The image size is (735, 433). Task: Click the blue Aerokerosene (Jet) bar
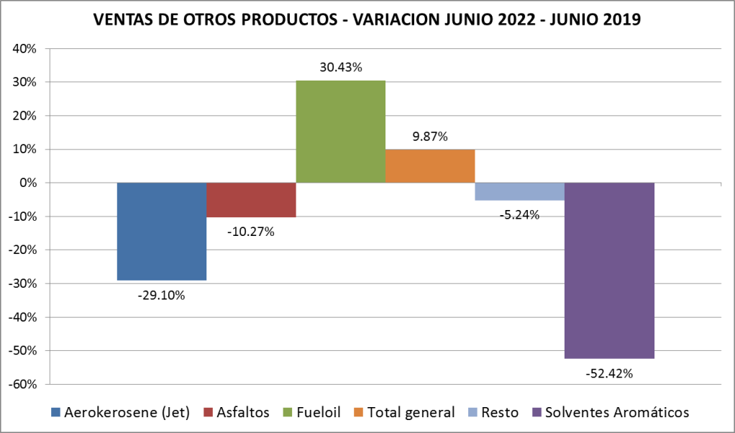pos(162,231)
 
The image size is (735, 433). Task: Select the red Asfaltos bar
pos(251,200)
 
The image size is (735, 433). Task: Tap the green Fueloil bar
pos(341,132)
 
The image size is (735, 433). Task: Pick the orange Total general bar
pos(430,166)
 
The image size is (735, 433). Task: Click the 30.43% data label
pos(341,68)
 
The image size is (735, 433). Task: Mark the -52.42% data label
pos(609,373)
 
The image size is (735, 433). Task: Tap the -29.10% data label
pos(161,294)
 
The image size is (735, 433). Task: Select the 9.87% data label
pos(430,137)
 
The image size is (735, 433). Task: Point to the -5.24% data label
pos(519,214)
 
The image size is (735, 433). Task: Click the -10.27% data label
pos(251,232)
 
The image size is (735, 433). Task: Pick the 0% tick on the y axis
pos(29,183)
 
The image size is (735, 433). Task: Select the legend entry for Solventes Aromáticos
pos(610,412)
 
